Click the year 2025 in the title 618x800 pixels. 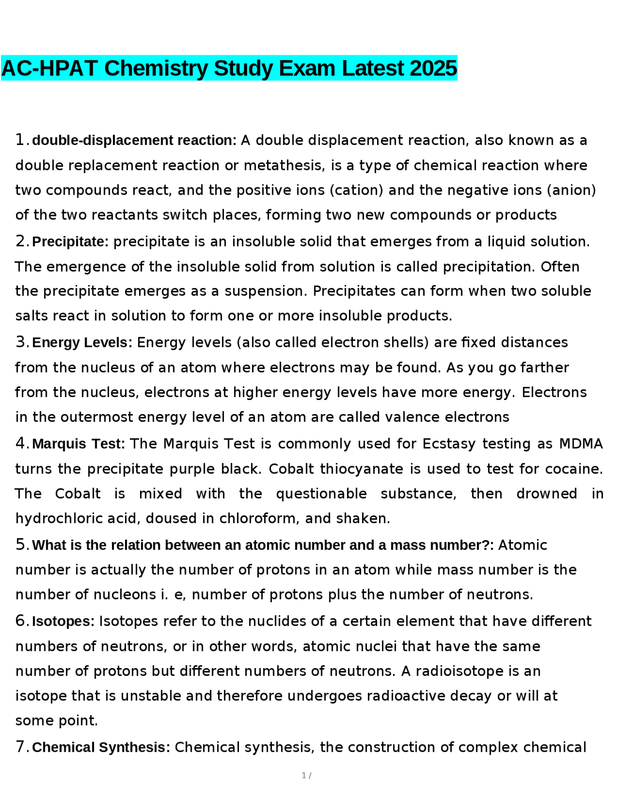(x=433, y=68)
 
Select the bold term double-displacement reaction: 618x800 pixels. (x=134, y=141)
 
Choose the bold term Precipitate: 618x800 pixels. (x=70, y=242)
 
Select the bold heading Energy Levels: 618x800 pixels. (x=82, y=343)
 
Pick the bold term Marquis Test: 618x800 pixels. (x=79, y=444)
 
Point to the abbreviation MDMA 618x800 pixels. (x=581, y=444)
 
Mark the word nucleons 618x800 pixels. (x=125, y=594)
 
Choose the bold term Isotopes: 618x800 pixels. (x=63, y=621)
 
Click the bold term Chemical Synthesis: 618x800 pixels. (x=101, y=747)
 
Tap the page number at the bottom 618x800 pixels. (x=305, y=775)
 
